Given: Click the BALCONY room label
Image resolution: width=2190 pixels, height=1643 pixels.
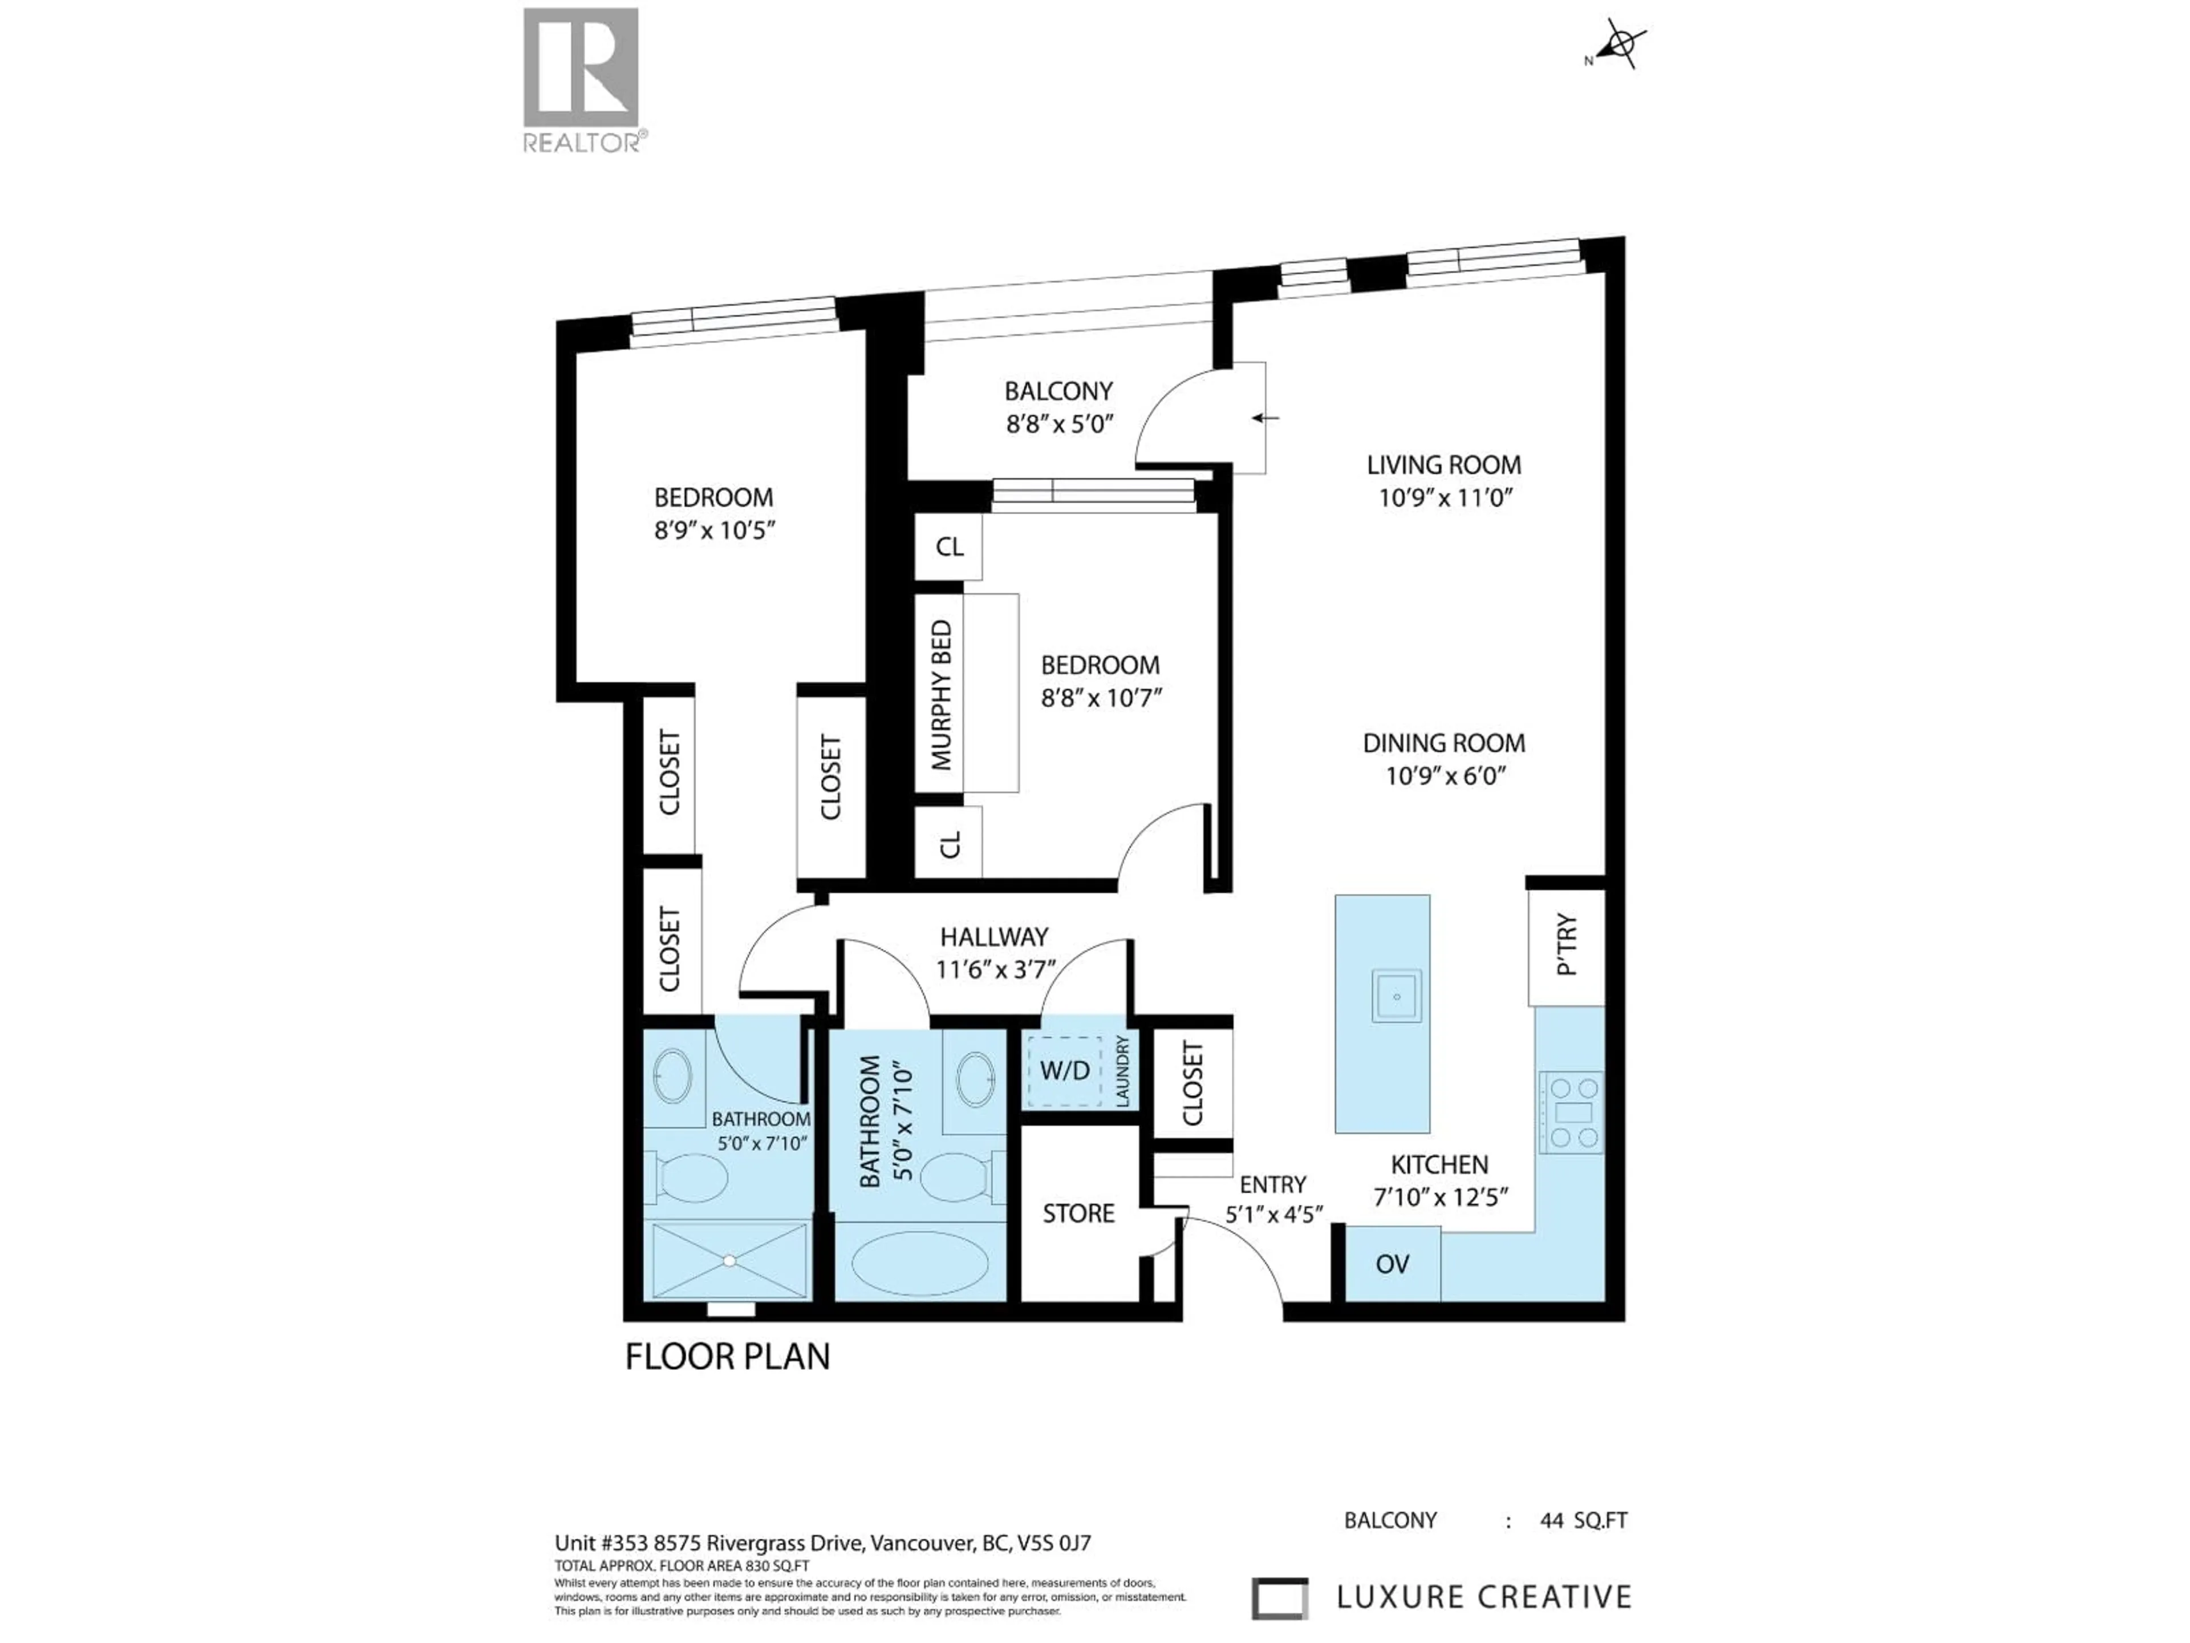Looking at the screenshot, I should click(x=1058, y=391).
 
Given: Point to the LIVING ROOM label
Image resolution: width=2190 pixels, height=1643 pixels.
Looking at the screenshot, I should click(x=1443, y=464).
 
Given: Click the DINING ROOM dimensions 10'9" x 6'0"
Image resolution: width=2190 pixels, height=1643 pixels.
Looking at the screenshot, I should click(x=1445, y=775).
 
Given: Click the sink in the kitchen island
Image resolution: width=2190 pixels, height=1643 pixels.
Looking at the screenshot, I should click(x=1396, y=996).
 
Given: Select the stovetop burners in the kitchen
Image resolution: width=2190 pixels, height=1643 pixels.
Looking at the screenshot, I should click(x=1571, y=1112).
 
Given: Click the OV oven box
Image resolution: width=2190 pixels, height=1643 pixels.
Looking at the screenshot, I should click(x=1392, y=1264).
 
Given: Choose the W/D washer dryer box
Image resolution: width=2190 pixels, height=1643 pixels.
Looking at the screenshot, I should click(x=1064, y=1071).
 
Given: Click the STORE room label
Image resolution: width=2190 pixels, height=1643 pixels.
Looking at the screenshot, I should click(x=1078, y=1213).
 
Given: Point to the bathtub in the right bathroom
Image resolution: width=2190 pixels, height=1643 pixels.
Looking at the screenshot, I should click(x=920, y=1264).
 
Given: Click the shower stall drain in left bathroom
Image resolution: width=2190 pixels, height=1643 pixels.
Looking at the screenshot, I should click(x=729, y=1261).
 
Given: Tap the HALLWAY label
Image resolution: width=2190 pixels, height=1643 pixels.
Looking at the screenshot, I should click(x=994, y=937).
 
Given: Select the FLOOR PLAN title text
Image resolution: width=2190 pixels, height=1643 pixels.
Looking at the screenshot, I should click(x=728, y=1357).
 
